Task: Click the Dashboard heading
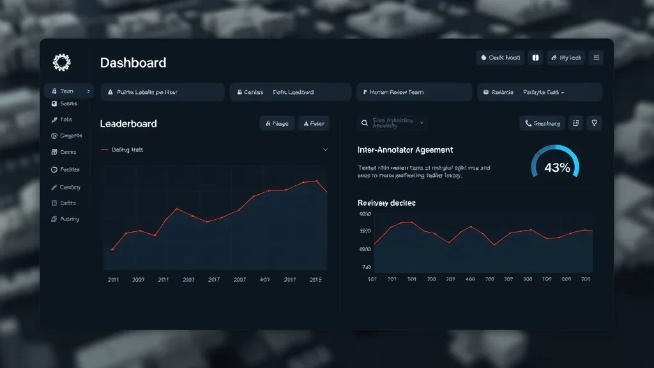[x=133, y=63]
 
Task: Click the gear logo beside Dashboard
[x=61, y=62]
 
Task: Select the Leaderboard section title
[x=128, y=123]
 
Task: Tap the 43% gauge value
[x=557, y=168]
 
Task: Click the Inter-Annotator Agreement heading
[x=405, y=149]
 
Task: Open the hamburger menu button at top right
[x=596, y=57]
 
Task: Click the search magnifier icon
[x=365, y=123]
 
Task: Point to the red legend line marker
[x=105, y=149]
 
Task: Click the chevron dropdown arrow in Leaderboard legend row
[x=325, y=149]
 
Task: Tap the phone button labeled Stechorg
[x=542, y=123]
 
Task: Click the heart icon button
[x=594, y=123]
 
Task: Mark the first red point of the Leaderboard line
[x=112, y=249]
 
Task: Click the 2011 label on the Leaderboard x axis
[x=112, y=279]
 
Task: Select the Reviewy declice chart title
[x=386, y=203]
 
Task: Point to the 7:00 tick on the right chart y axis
[x=366, y=267]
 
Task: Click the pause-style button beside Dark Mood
[x=535, y=57]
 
